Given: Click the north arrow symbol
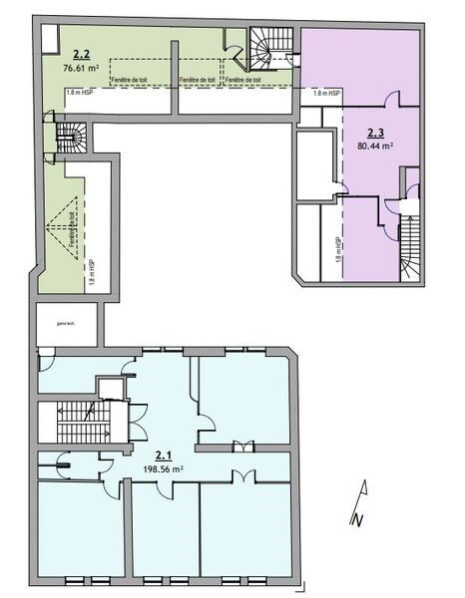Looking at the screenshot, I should (x=363, y=498).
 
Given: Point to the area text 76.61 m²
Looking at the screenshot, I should (x=82, y=70).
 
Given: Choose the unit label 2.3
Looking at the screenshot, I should (x=375, y=132).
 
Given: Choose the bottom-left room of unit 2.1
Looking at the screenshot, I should (x=80, y=528).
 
